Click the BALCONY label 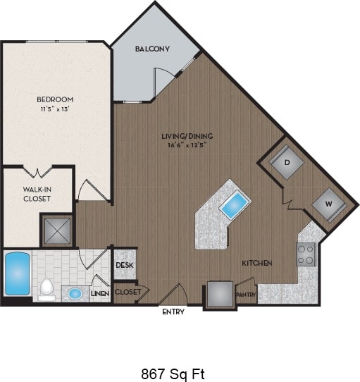click(151, 49)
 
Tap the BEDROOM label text click(55, 99)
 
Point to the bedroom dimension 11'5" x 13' click(55, 109)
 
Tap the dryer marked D click(287, 162)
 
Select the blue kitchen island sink click(234, 207)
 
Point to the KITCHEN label click(257, 263)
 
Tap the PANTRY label click(245, 295)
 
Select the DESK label click(125, 265)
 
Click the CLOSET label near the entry click(128, 291)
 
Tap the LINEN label click(99, 292)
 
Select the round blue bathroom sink click(75, 292)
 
